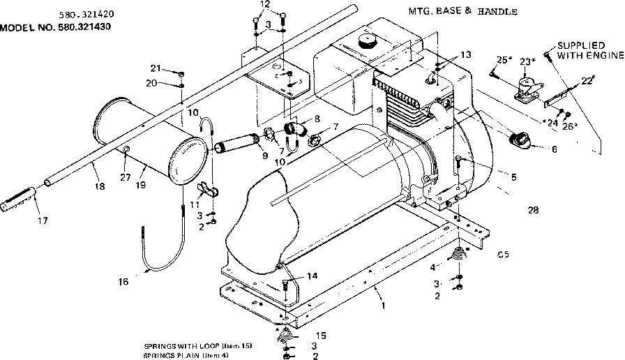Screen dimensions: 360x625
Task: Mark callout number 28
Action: coord(533,209)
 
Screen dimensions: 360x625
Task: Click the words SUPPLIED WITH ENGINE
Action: coord(587,51)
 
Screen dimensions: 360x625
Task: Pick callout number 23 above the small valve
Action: coord(526,62)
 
